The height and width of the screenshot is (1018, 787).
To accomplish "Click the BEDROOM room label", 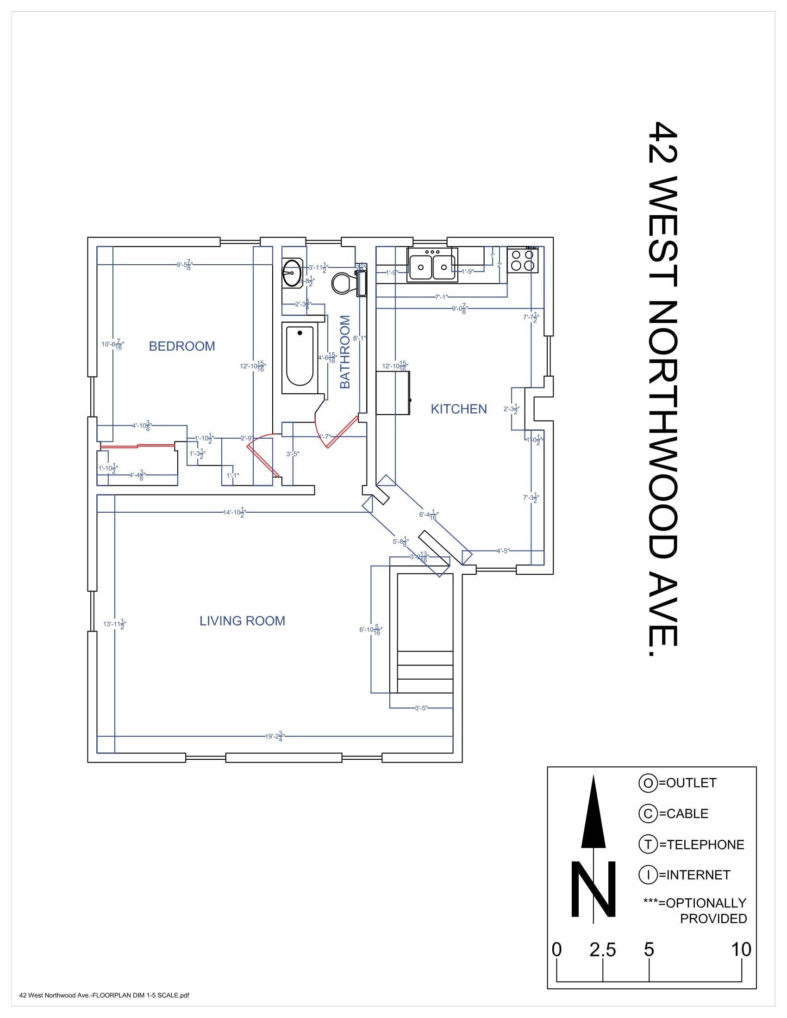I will click(x=182, y=346).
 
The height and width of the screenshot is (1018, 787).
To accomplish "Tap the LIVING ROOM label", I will click(x=242, y=621).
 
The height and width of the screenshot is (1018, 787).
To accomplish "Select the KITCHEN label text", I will click(x=458, y=409).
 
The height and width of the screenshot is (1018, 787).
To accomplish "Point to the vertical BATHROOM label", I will click(x=344, y=352).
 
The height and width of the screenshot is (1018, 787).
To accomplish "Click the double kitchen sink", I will click(x=432, y=265).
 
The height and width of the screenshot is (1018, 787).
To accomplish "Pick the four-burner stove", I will click(x=523, y=261).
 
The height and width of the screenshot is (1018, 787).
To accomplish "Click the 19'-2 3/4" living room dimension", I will click(x=275, y=737).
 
